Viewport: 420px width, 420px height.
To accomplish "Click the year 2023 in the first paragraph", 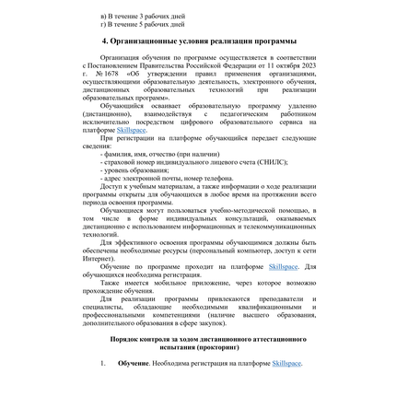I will [328, 67].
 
